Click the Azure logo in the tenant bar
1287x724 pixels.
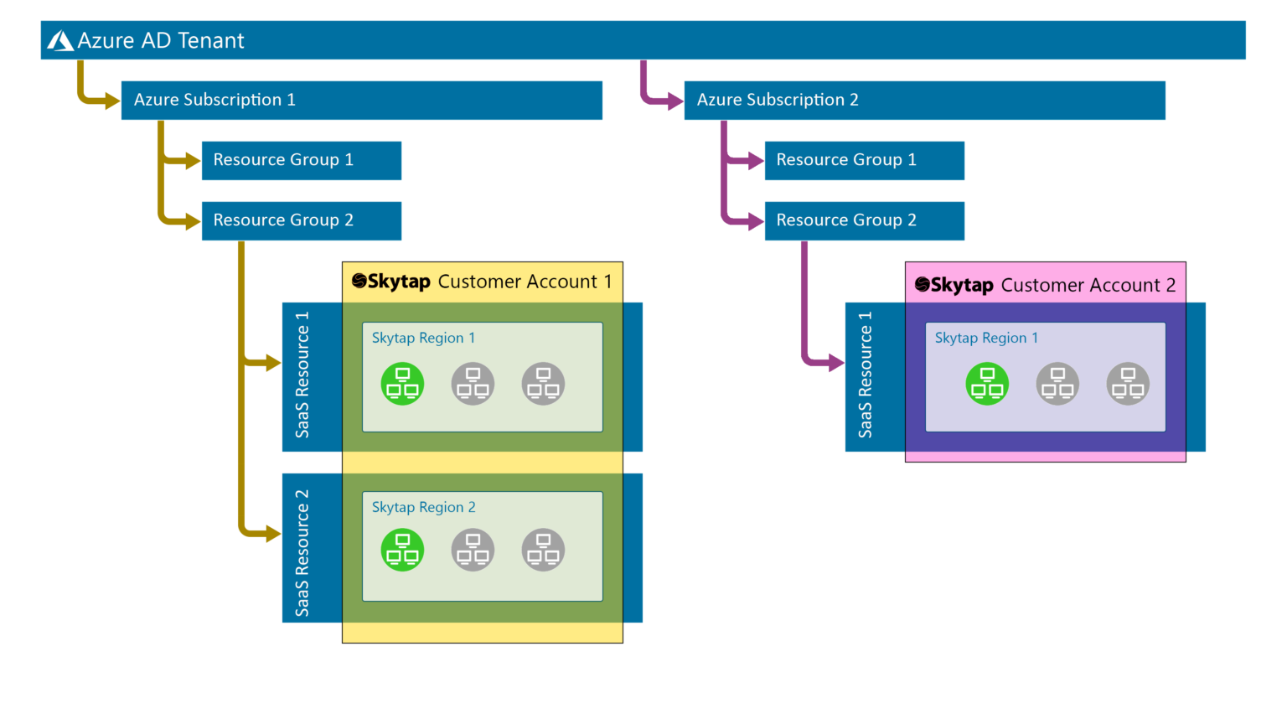pos(60,40)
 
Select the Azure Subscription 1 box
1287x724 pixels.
pos(361,100)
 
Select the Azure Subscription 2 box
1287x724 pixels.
pos(924,100)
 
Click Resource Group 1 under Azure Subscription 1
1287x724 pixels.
pos(301,160)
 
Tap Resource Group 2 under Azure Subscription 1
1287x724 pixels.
pos(301,220)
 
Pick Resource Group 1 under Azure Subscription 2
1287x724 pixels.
pos(864,160)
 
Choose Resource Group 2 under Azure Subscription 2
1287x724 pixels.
pos(864,220)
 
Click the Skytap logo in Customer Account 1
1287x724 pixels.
pos(359,282)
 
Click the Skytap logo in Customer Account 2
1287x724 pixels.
pos(923,285)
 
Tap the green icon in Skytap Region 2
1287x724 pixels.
pos(402,550)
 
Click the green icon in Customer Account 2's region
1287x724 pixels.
pos(987,384)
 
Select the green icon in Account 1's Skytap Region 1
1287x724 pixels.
pos(402,384)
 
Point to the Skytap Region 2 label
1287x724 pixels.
pos(423,507)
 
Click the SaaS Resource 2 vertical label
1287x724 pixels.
pos(302,553)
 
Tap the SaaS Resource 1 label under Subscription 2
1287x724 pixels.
pos(866,375)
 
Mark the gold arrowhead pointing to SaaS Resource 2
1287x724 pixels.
pos(272,534)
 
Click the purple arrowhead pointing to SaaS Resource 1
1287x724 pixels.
pos(835,363)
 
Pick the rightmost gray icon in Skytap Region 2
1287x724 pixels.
pos(543,550)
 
